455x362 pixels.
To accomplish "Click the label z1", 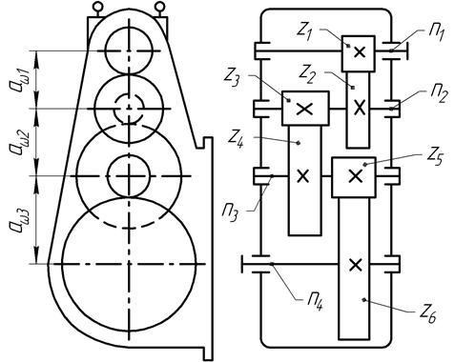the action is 305,30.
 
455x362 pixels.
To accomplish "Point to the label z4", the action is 237,140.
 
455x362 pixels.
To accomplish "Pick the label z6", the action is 428,314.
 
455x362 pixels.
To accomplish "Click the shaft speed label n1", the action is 435,33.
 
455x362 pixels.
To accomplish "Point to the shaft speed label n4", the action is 314,300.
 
